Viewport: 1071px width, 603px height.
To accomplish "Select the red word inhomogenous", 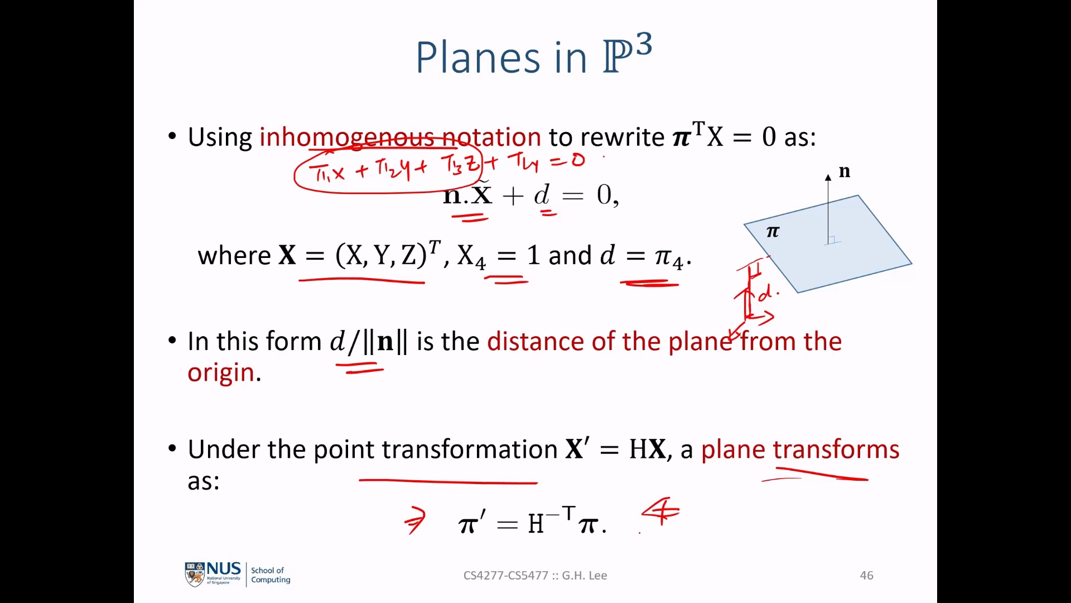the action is [346, 137].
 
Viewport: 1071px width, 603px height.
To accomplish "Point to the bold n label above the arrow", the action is [845, 171].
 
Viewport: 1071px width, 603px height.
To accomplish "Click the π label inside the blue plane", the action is [773, 231].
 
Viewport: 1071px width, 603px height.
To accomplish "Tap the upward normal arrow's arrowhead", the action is [828, 176].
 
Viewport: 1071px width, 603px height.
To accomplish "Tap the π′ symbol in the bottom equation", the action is [472, 523].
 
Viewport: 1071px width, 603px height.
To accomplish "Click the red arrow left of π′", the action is [416, 520].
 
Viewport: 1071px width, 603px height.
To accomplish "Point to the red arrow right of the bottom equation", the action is [661, 511].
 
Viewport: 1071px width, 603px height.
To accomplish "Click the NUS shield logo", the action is [195, 575].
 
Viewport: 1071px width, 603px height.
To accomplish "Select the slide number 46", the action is [867, 576].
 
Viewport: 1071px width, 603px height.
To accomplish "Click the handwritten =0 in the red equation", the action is [567, 161].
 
